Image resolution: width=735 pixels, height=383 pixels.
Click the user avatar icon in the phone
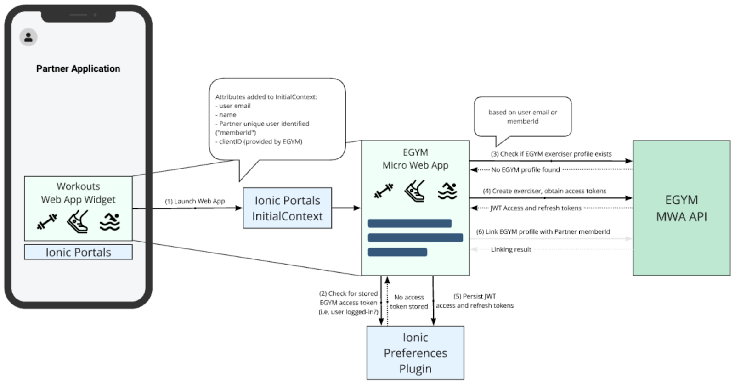[x=28, y=37]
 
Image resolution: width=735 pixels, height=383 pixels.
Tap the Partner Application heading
[x=78, y=68]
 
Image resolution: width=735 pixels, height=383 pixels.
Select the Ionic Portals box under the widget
[x=78, y=252]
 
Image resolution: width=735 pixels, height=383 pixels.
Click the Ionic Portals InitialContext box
[x=287, y=208]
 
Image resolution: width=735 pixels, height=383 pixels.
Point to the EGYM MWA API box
[x=681, y=208]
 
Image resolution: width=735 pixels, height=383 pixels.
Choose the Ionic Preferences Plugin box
[x=415, y=353]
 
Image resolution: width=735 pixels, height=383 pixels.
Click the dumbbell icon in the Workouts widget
[x=47, y=222]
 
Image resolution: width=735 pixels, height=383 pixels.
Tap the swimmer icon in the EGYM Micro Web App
[x=447, y=191]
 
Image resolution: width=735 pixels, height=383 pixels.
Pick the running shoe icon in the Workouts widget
[x=78, y=221]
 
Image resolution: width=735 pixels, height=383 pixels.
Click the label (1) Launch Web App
[x=195, y=201]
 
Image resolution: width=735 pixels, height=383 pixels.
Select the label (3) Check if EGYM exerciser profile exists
[x=551, y=154]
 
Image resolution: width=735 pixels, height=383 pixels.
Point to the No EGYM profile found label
[x=526, y=169]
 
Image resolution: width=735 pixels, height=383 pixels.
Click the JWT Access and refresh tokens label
[x=536, y=208]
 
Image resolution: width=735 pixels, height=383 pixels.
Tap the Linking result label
[x=511, y=249]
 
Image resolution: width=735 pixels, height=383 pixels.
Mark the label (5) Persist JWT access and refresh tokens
[x=475, y=301]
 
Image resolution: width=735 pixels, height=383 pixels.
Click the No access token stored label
[x=409, y=302]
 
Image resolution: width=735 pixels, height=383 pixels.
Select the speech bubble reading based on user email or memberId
[x=523, y=117]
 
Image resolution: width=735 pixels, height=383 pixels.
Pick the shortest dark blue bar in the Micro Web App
[x=397, y=252]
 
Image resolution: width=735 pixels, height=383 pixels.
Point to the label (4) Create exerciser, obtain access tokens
[x=544, y=191]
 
